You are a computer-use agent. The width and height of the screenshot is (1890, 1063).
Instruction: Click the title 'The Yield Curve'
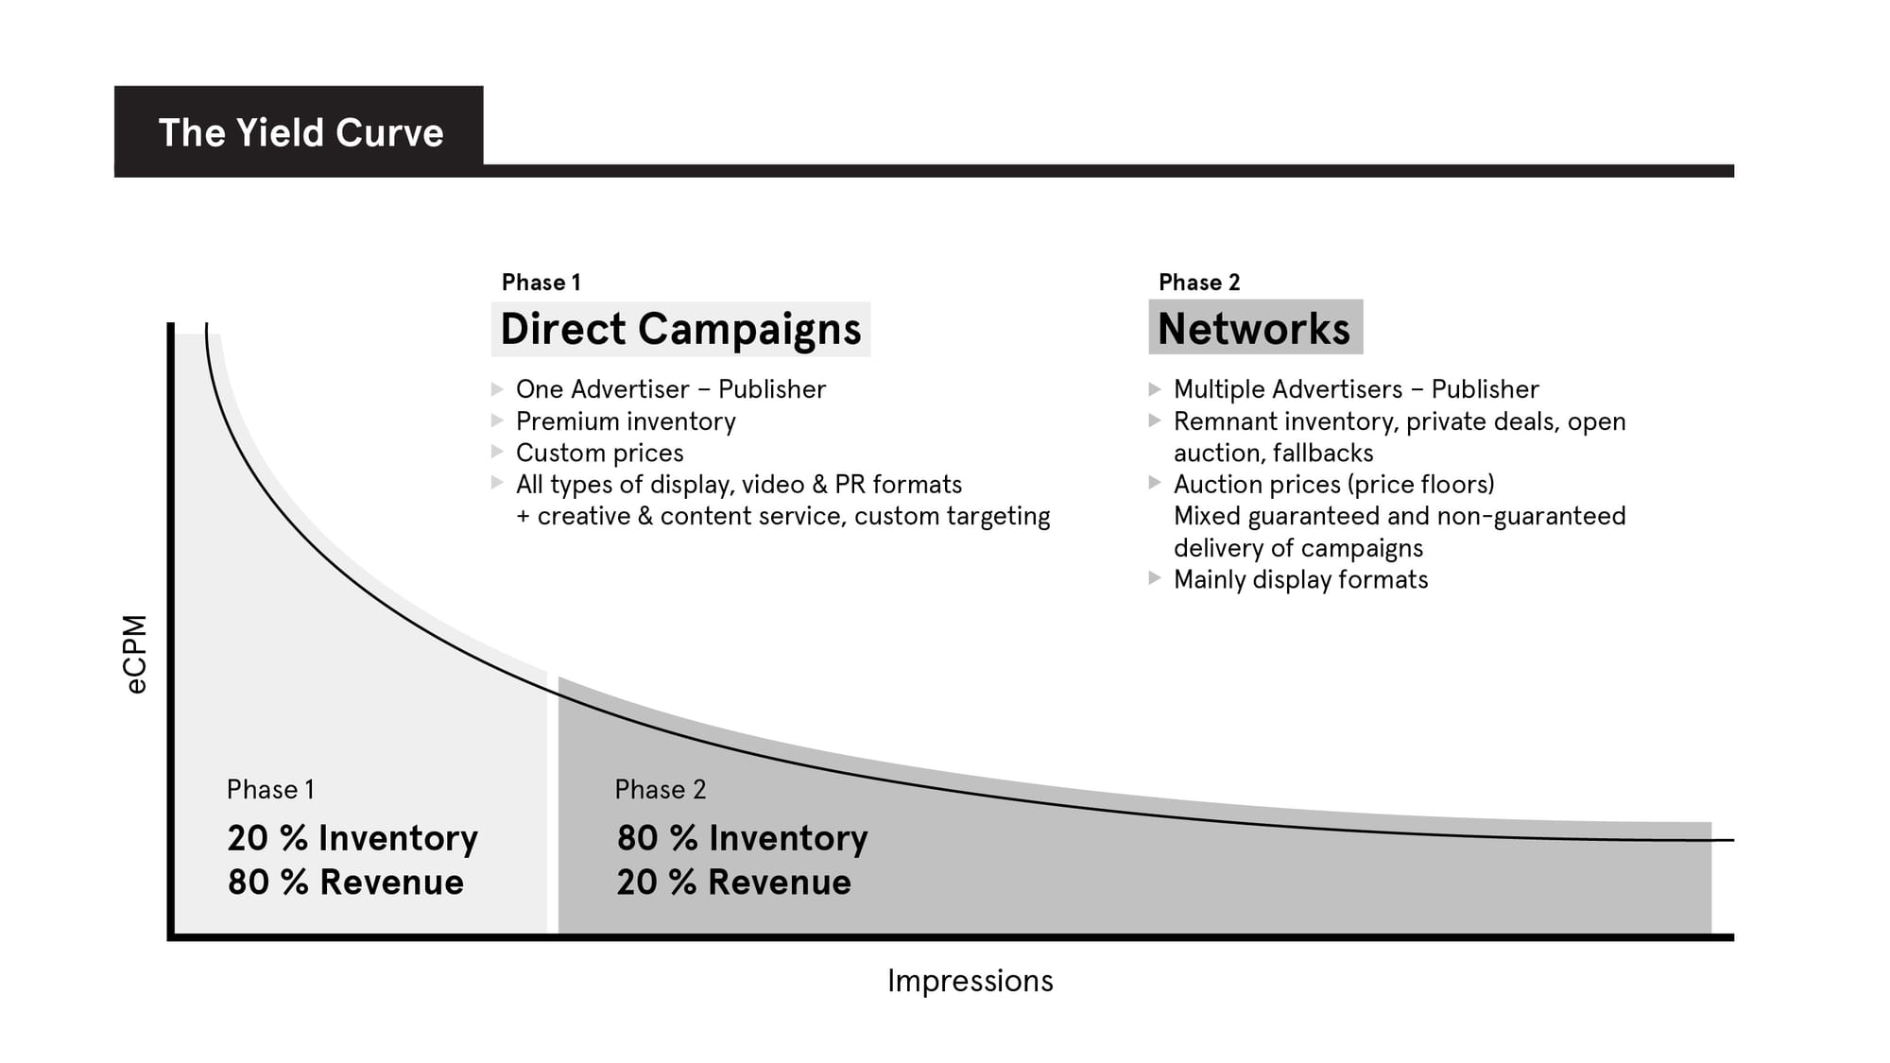click(x=301, y=132)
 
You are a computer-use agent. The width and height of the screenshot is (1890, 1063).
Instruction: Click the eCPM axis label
click(x=137, y=654)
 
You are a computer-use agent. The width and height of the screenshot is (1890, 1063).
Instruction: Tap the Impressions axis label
click(x=970, y=981)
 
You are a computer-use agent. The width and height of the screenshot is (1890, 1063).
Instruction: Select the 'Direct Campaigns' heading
click(x=680, y=329)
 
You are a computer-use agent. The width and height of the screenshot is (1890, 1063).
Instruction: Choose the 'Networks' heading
click(x=1254, y=329)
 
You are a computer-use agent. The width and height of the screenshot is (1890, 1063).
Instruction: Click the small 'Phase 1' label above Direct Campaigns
click(x=541, y=283)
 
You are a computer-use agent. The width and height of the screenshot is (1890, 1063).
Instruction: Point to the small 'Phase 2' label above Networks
click(x=1198, y=283)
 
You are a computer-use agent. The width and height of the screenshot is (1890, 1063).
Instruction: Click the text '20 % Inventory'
click(x=352, y=838)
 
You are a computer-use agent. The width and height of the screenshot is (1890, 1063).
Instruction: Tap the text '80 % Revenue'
click(x=346, y=883)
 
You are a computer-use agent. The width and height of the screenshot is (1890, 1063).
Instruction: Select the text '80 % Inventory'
click(x=742, y=838)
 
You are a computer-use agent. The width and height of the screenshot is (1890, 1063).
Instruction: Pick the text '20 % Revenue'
click(x=733, y=883)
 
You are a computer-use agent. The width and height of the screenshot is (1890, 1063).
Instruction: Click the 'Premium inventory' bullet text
click(x=626, y=421)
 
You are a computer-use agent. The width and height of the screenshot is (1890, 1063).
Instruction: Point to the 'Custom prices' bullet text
click(x=599, y=453)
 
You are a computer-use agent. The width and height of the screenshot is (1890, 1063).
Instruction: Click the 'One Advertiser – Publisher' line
click(x=670, y=389)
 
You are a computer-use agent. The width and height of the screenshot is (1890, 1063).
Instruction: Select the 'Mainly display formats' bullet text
click(x=1300, y=579)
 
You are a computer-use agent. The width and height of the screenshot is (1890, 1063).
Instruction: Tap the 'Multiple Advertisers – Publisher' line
click(x=1355, y=389)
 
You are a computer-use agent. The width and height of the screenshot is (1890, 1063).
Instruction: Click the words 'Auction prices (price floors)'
click(x=1333, y=485)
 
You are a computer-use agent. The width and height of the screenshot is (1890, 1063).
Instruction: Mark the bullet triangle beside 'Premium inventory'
click(x=497, y=420)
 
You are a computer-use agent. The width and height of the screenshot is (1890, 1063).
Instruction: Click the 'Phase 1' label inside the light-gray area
click(x=270, y=790)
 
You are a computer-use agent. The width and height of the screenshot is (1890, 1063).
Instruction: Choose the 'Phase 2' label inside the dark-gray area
click(x=660, y=790)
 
